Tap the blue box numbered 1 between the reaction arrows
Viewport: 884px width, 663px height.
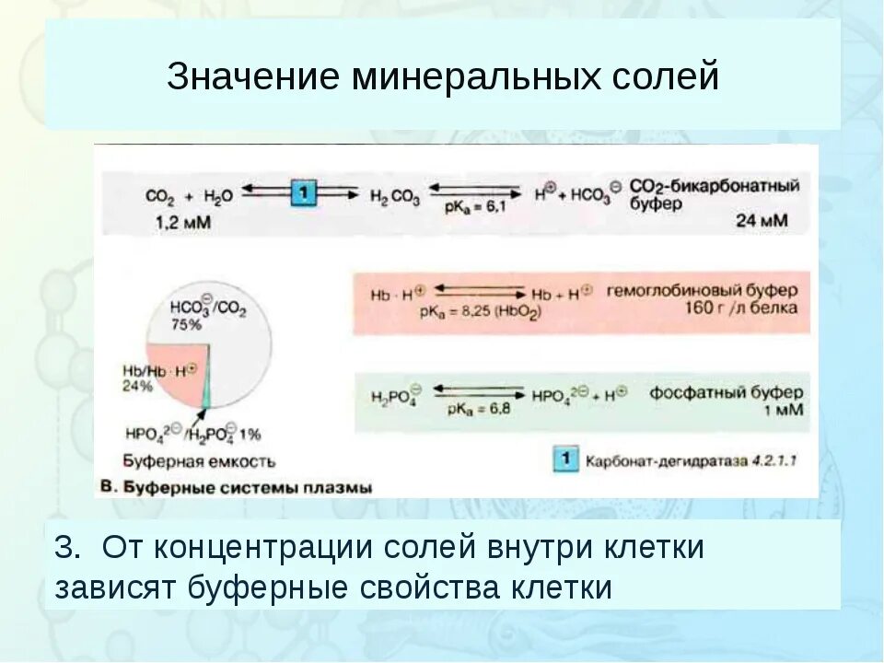coord(305,193)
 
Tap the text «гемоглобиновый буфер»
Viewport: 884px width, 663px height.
coord(702,290)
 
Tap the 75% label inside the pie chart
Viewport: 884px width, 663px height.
coord(189,325)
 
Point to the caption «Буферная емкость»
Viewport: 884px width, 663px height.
coord(198,460)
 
